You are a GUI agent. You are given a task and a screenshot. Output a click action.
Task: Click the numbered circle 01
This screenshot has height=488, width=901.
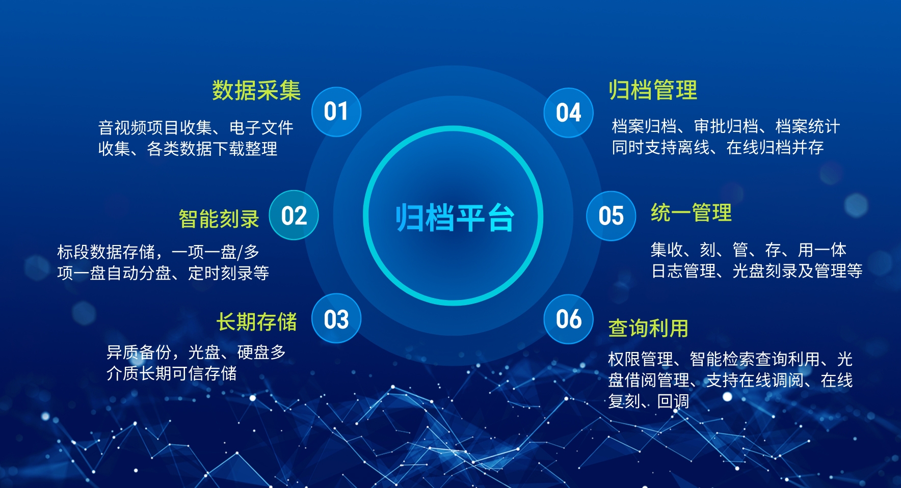click(336, 112)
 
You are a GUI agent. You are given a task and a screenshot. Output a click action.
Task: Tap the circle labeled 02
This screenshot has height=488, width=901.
click(294, 215)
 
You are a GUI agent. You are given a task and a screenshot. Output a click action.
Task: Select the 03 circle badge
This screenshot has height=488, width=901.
click(336, 319)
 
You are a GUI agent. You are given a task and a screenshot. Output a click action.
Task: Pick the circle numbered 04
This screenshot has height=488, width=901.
click(568, 113)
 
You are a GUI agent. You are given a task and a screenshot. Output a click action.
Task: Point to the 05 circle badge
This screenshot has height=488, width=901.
click(611, 216)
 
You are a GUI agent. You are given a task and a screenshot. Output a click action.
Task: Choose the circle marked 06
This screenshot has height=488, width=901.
click(568, 319)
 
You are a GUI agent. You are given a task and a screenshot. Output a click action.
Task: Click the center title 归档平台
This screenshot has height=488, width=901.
click(454, 218)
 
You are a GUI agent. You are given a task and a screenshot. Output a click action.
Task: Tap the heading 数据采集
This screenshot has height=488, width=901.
click(256, 91)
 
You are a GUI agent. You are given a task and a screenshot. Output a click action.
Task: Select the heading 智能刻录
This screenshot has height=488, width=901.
click(219, 219)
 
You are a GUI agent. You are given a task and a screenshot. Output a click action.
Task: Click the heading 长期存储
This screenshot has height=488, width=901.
click(256, 322)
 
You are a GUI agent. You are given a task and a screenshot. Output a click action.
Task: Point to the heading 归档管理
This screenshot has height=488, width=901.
click(653, 90)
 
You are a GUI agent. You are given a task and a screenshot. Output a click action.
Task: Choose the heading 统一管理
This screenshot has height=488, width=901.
click(691, 213)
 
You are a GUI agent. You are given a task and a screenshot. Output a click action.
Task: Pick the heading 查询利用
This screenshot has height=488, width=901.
click(648, 329)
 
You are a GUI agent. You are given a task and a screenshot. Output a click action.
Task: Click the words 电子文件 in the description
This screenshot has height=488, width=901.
click(261, 127)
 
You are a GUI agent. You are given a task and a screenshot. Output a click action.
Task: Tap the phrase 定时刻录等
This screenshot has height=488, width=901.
click(228, 273)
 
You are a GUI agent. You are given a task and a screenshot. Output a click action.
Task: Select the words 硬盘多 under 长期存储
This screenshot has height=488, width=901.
click(261, 352)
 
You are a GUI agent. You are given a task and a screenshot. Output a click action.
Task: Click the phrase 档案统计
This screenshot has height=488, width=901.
click(807, 126)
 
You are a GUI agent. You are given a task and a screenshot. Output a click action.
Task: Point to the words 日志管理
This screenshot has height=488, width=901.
click(683, 271)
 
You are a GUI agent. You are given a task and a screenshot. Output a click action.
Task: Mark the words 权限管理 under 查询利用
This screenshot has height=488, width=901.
click(640, 360)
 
